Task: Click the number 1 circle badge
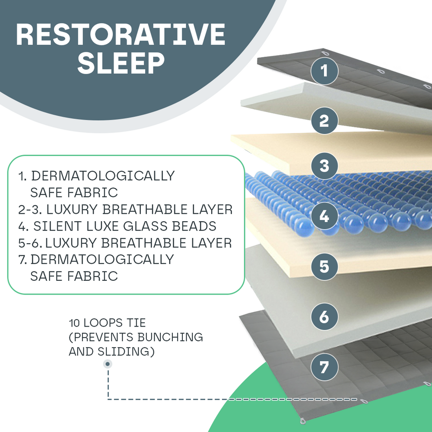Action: (324, 70)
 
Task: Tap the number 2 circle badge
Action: (324, 121)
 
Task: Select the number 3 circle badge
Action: (324, 165)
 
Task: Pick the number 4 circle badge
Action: (324, 216)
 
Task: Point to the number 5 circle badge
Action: (324, 266)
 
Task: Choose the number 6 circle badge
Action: (324, 317)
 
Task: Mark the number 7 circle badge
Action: (324, 367)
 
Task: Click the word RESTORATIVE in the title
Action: (121, 35)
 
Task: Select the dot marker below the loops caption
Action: (107, 364)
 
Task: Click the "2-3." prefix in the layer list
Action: (29, 210)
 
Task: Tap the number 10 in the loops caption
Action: (74, 323)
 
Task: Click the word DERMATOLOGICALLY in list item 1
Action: (103, 176)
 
